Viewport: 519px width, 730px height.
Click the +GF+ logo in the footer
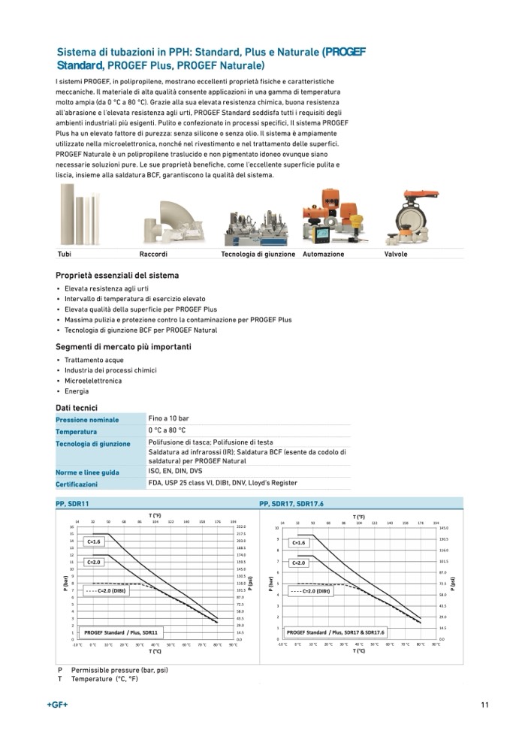pyautogui.click(x=57, y=704)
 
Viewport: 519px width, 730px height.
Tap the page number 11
pyautogui.click(x=485, y=704)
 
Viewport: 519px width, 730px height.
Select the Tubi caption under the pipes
pyautogui.click(x=64, y=255)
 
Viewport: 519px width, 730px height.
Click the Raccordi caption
pyautogui.click(x=153, y=255)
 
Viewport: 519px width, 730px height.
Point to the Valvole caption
pyautogui.click(x=396, y=255)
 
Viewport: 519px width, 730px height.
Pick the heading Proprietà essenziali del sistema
pyautogui.click(x=117, y=276)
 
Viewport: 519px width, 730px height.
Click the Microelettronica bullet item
pyautogui.click(x=93, y=381)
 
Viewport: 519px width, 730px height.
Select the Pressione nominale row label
pyautogui.click(x=87, y=420)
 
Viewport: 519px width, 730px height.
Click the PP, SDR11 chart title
pyautogui.click(x=72, y=503)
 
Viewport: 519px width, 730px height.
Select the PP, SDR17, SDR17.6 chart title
pyautogui.click(x=291, y=503)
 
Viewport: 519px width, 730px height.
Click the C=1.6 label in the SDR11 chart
pyautogui.click(x=94, y=541)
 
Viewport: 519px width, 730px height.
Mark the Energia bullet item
pyautogui.click(x=77, y=391)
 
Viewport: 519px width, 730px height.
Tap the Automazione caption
pyautogui.click(x=323, y=255)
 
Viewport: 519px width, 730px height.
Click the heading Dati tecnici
pyautogui.click(x=76, y=407)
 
